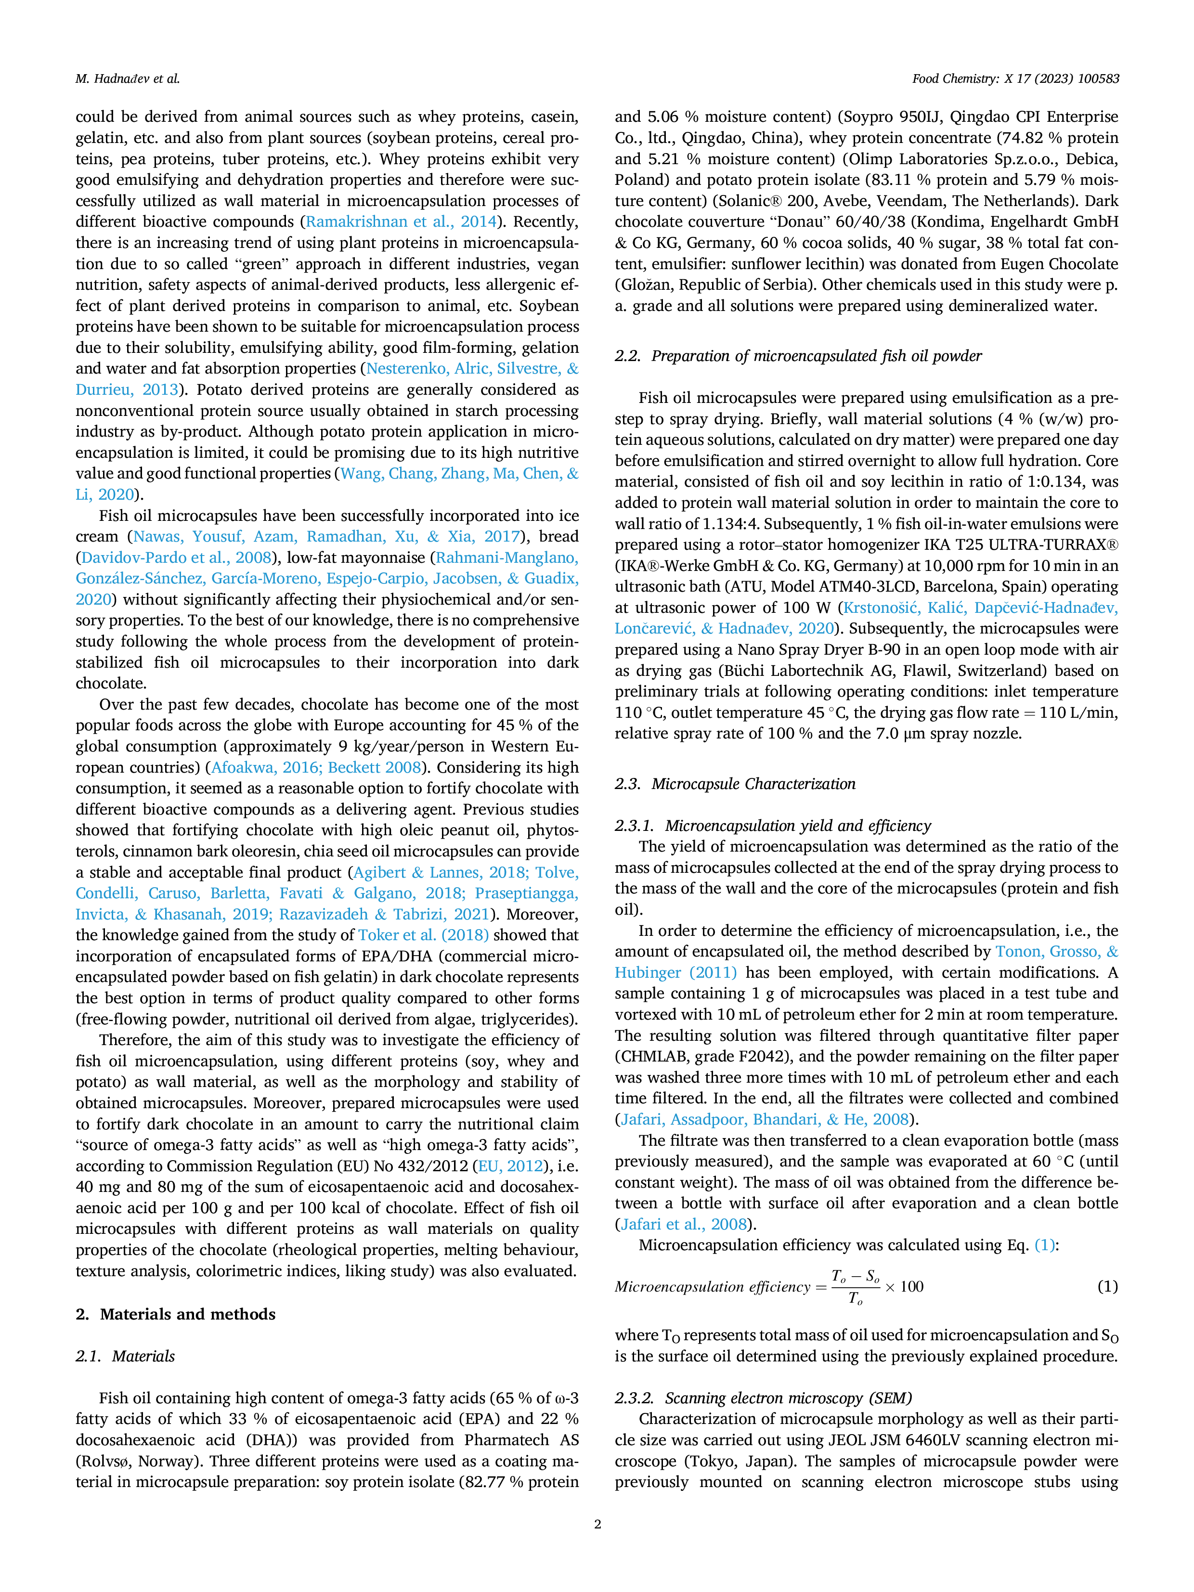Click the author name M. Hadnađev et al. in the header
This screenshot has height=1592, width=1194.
coord(128,79)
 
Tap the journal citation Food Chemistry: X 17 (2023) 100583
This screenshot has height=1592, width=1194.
coord(1015,79)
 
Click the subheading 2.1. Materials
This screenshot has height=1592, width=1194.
coord(125,1356)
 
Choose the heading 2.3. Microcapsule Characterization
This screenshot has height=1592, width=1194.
coord(735,784)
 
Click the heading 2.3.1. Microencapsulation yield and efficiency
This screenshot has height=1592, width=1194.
coord(773,826)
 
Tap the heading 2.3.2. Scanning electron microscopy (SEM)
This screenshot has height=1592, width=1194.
coord(764,1398)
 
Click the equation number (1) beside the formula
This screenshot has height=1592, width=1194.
coord(1108,1286)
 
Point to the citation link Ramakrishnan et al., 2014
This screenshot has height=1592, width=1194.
coord(401,221)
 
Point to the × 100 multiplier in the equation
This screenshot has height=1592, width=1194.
coord(904,1286)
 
